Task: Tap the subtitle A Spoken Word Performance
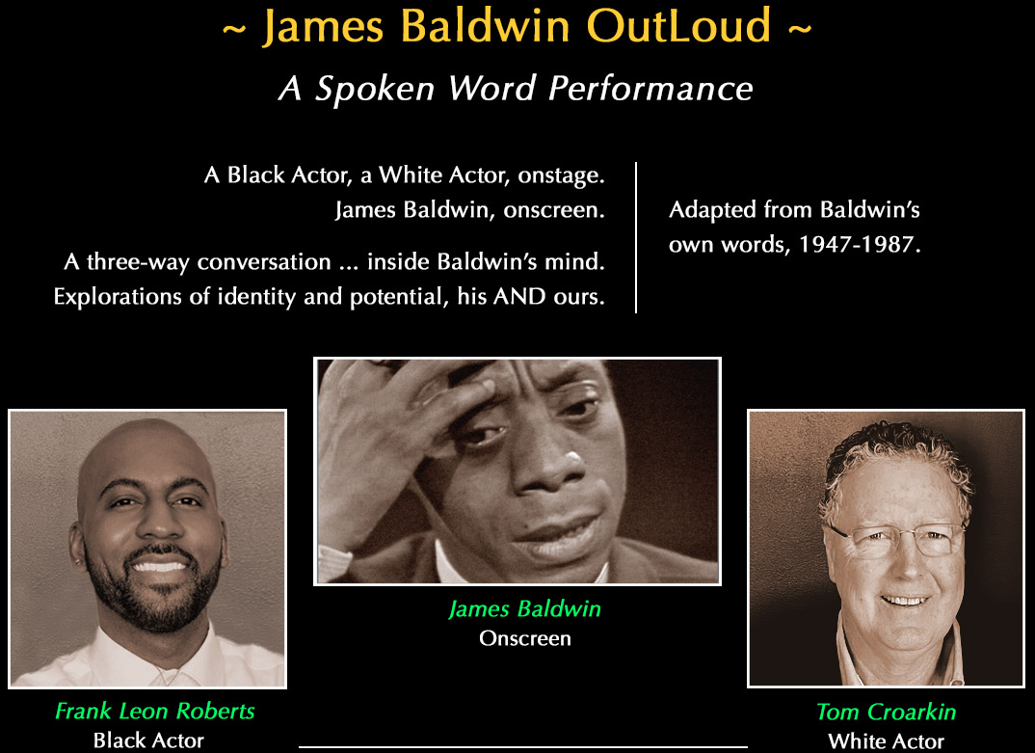pos(516,89)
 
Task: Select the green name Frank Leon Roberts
pos(155,712)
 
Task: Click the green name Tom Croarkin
pos(886,712)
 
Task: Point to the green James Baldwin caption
pos(525,609)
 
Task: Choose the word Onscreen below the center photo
pos(525,638)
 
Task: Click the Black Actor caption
pos(148,740)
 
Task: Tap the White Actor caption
pos(886,740)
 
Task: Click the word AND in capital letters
pos(520,296)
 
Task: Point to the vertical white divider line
pos(636,237)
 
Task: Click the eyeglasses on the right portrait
pos(891,539)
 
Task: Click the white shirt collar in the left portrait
pos(106,665)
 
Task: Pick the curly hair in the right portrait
pos(891,463)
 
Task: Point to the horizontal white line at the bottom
pos(522,746)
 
